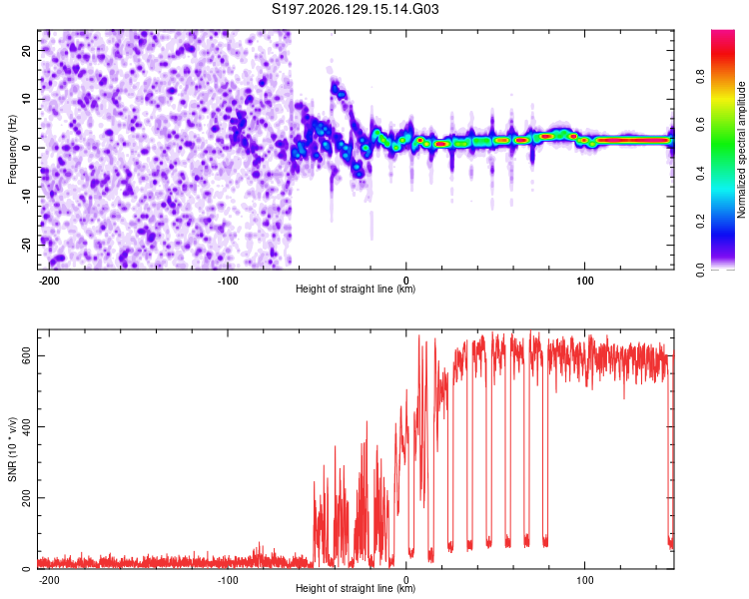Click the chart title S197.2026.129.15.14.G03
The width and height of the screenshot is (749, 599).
(355, 9)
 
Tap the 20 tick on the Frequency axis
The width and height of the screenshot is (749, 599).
(26, 50)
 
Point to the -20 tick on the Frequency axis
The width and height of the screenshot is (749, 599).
(26, 245)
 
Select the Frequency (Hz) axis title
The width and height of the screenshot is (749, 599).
(12, 150)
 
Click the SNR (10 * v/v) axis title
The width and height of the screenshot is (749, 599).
(12, 449)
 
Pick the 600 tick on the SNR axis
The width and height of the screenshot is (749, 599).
(26, 355)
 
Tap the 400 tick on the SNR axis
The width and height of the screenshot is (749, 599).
(26, 426)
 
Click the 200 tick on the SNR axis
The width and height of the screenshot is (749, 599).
(26, 498)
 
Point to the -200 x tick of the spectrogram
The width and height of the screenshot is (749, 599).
(49, 281)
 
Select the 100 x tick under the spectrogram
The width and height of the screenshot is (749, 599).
(584, 281)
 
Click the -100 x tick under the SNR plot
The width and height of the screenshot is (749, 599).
(228, 580)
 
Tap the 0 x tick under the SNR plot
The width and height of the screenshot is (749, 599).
(406, 580)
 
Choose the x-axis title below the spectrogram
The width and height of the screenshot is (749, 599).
(356, 289)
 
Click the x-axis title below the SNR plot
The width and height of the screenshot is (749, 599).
(356, 588)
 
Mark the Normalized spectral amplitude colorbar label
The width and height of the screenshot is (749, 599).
(741, 150)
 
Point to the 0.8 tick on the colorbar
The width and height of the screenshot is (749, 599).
(700, 77)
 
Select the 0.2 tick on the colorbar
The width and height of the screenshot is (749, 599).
(700, 222)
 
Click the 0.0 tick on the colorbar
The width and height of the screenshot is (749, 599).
(700, 271)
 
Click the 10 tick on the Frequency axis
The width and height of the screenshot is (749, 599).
(26, 99)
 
